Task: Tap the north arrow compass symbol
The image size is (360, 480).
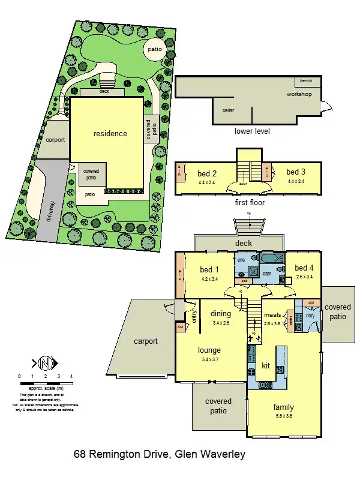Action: click(45, 363)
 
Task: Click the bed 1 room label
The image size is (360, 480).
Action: click(210, 269)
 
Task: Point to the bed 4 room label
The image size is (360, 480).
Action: click(304, 268)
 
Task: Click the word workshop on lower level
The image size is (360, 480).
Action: click(299, 94)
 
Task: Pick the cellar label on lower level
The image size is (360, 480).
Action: click(228, 110)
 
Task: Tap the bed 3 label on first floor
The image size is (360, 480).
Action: click(296, 172)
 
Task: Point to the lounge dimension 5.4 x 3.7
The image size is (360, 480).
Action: click(209, 359)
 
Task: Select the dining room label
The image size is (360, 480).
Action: click(221, 313)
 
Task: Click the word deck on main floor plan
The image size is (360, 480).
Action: click(243, 243)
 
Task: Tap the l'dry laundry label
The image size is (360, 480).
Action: click(310, 315)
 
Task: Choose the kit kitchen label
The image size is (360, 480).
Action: click(266, 365)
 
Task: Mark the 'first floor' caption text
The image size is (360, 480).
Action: click(250, 203)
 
